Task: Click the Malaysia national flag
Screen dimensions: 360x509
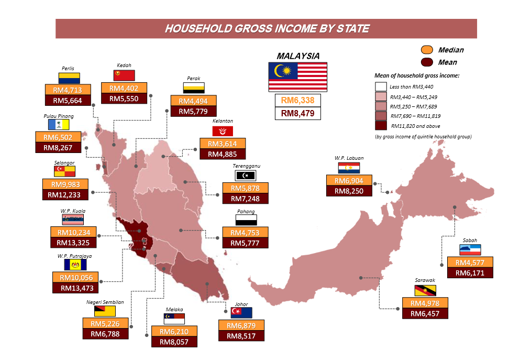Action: (297, 77)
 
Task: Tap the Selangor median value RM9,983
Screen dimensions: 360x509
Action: (65, 184)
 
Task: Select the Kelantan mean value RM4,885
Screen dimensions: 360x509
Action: (223, 154)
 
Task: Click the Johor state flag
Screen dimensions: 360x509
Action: (241, 313)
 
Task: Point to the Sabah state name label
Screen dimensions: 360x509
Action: (470, 240)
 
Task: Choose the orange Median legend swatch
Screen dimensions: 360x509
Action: (427, 50)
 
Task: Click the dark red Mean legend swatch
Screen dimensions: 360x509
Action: (427, 62)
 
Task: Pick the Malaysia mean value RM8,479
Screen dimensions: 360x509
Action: (297, 113)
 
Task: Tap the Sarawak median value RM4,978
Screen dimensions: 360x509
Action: (425, 303)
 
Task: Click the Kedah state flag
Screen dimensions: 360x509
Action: (124, 75)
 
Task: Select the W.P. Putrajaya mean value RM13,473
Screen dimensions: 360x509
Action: (75, 288)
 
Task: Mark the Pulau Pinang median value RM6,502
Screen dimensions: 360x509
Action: (58, 137)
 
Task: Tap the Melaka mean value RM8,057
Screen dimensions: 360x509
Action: (174, 341)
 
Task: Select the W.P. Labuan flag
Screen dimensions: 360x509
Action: (348, 168)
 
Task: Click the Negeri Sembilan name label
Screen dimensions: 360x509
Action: (105, 302)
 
